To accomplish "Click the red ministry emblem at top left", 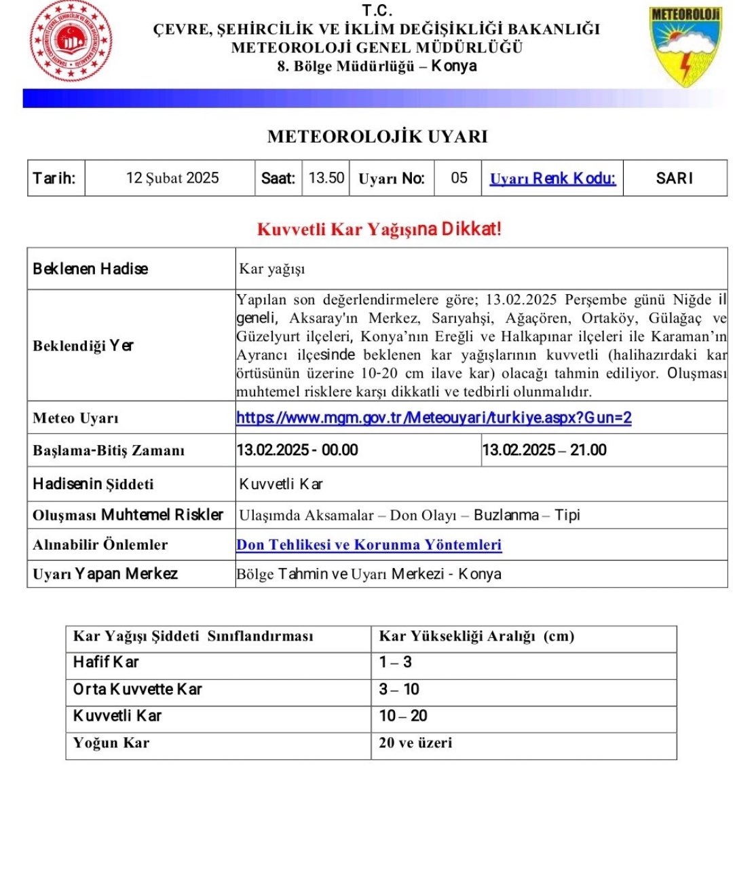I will point(71,41).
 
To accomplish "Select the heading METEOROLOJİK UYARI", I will point(377,137).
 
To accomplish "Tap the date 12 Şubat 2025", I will point(172,178).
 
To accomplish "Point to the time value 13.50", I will point(326,178).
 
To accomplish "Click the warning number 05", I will point(459,178).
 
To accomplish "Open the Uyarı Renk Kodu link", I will point(552,179).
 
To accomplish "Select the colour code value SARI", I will point(675,178).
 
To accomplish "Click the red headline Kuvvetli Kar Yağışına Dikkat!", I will point(379,229).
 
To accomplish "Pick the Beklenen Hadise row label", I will point(90,268).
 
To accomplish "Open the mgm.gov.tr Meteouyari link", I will point(434,418).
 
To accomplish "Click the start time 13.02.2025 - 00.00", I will point(297,450).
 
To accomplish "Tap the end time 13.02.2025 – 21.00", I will point(544,450).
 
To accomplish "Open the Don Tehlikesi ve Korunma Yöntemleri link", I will point(369,545).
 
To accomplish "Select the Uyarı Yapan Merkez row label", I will point(105,574).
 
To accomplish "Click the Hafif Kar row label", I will point(106,662).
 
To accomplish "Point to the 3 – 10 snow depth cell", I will point(399,690).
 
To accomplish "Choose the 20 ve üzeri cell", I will point(415,743).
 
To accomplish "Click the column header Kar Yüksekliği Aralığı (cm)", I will point(476,637).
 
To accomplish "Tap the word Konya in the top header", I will point(454,67).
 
